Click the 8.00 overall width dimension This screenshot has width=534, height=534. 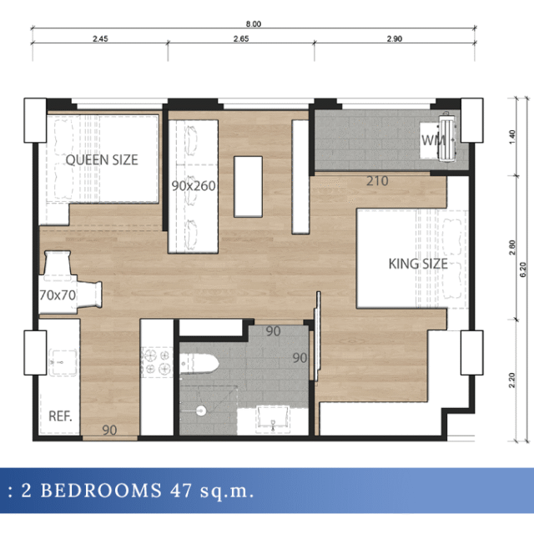point(254,24)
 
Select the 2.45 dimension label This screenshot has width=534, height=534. point(100,39)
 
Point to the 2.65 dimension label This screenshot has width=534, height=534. point(241,39)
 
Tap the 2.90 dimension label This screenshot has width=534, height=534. point(395,39)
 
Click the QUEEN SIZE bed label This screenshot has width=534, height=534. point(102,159)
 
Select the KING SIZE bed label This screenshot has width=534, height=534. point(418,264)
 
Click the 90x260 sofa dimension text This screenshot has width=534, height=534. point(194,186)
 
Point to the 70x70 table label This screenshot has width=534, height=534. point(58,295)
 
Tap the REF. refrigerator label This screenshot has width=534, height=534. point(60,416)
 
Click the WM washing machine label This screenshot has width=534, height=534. point(433,140)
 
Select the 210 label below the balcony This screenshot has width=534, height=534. point(377,181)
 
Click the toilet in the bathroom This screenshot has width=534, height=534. point(199,364)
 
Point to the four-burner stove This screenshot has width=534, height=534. point(157,362)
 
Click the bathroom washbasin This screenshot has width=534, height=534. point(273,420)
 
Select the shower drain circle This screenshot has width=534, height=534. point(201,411)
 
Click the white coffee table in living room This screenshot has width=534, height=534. point(248,187)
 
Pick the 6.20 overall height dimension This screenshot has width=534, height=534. point(523,270)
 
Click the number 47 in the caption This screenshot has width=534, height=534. point(181,491)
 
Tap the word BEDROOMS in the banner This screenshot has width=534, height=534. point(101,491)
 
